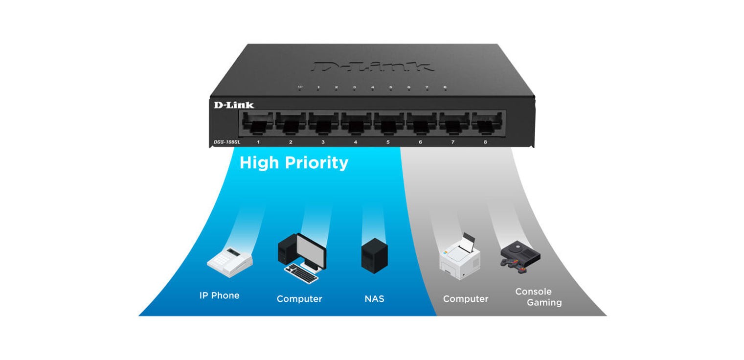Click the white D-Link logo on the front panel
pos(234,105)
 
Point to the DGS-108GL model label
pos(227,142)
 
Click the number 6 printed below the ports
pos(420,142)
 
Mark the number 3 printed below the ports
pos(323,142)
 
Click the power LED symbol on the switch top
pos(300,88)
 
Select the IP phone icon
pos(229,260)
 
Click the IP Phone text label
pos(219,295)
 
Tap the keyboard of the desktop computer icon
pos(301,273)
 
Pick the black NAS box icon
pos(374,255)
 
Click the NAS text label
pos(374,298)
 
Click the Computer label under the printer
pos(465,298)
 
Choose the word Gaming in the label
pos(544,302)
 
